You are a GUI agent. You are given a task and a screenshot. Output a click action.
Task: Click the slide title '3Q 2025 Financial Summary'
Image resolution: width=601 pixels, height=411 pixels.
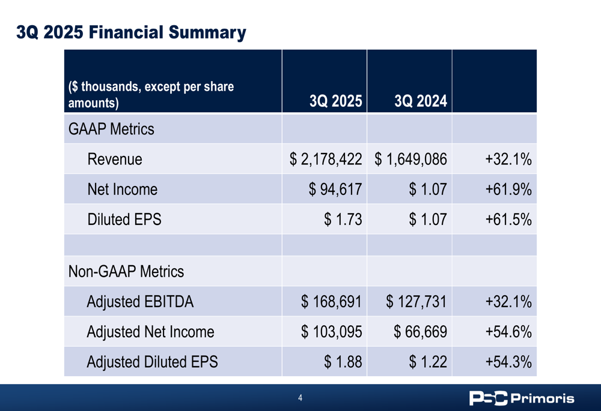131,32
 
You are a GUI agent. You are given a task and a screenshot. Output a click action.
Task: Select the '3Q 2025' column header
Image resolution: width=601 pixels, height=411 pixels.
335,101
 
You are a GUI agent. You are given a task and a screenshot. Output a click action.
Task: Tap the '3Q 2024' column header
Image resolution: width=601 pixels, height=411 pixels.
420,101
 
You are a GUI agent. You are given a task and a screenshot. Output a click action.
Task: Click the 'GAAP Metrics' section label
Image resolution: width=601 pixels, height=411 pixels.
111,129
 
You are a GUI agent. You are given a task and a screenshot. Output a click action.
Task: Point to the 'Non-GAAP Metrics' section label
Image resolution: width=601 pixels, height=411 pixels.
126,271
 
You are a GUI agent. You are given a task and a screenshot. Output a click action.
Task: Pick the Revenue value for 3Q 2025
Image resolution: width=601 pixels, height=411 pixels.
326,160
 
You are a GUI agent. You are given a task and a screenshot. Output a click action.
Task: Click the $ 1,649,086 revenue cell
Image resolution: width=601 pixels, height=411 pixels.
411,160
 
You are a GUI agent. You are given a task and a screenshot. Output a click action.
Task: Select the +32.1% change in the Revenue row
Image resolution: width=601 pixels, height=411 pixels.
508,160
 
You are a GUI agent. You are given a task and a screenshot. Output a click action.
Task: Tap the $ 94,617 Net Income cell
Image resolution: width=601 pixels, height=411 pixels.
335,190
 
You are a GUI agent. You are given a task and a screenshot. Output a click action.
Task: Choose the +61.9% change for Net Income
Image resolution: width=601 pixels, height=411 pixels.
508,190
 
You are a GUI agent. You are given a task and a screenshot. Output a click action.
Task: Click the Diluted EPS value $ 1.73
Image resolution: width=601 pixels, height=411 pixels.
343,220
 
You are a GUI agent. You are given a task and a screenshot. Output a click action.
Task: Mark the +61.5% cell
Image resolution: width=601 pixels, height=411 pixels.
508,220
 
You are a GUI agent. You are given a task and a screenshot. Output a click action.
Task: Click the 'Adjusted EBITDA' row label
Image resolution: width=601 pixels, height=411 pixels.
140,302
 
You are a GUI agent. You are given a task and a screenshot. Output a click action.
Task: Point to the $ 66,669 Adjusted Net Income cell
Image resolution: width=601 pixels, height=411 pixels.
420,332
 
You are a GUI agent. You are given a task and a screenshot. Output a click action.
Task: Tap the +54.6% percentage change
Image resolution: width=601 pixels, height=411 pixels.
508,332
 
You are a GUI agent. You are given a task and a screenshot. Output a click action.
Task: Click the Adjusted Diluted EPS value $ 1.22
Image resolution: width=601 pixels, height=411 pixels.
428,362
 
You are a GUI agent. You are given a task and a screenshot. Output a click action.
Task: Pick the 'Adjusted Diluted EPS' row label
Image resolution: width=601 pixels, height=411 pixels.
152,362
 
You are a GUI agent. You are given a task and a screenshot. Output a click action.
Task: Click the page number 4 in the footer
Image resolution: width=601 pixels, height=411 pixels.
300,398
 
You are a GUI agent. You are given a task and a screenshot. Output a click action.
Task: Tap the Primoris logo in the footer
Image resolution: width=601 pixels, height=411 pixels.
522,398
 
